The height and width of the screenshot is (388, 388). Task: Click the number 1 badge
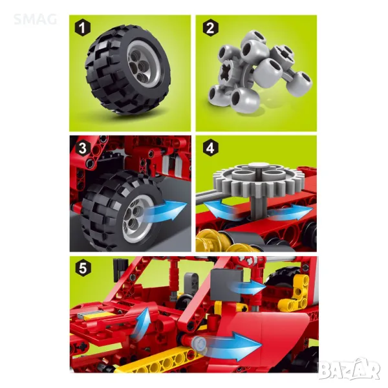(83, 28)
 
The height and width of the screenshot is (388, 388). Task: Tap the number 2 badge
(211, 28)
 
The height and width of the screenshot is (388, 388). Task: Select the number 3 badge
(83, 148)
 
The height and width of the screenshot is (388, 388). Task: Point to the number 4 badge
(211, 148)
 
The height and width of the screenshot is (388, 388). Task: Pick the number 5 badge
(83, 268)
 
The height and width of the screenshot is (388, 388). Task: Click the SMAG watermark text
(35, 19)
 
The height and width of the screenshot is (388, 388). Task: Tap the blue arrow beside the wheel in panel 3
(166, 211)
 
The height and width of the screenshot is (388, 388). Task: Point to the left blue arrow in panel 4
(221, 210)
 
